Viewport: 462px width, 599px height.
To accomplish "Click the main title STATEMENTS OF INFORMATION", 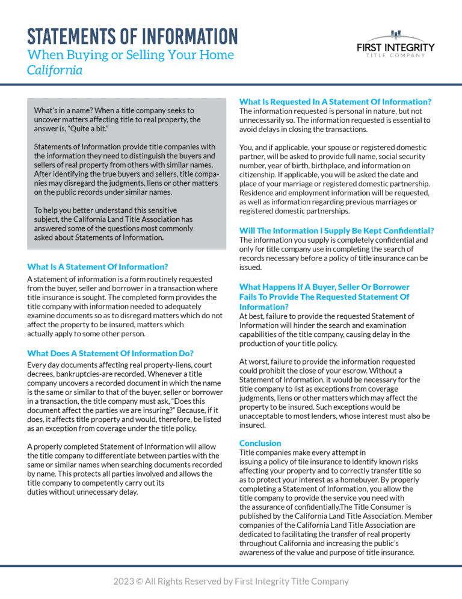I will pos(132,36).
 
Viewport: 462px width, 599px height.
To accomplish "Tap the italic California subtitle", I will pos(55,70).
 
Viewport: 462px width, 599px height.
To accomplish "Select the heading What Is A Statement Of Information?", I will pos(97,266).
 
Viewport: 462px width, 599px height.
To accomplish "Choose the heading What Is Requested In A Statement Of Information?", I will pos(335,102).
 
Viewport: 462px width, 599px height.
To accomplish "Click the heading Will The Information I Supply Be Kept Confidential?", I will pos(336,230).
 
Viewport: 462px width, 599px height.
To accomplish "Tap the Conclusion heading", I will pos(260,443).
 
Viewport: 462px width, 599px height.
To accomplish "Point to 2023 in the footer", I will pos(125,582).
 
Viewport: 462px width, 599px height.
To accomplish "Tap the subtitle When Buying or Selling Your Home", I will pos(131,55).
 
